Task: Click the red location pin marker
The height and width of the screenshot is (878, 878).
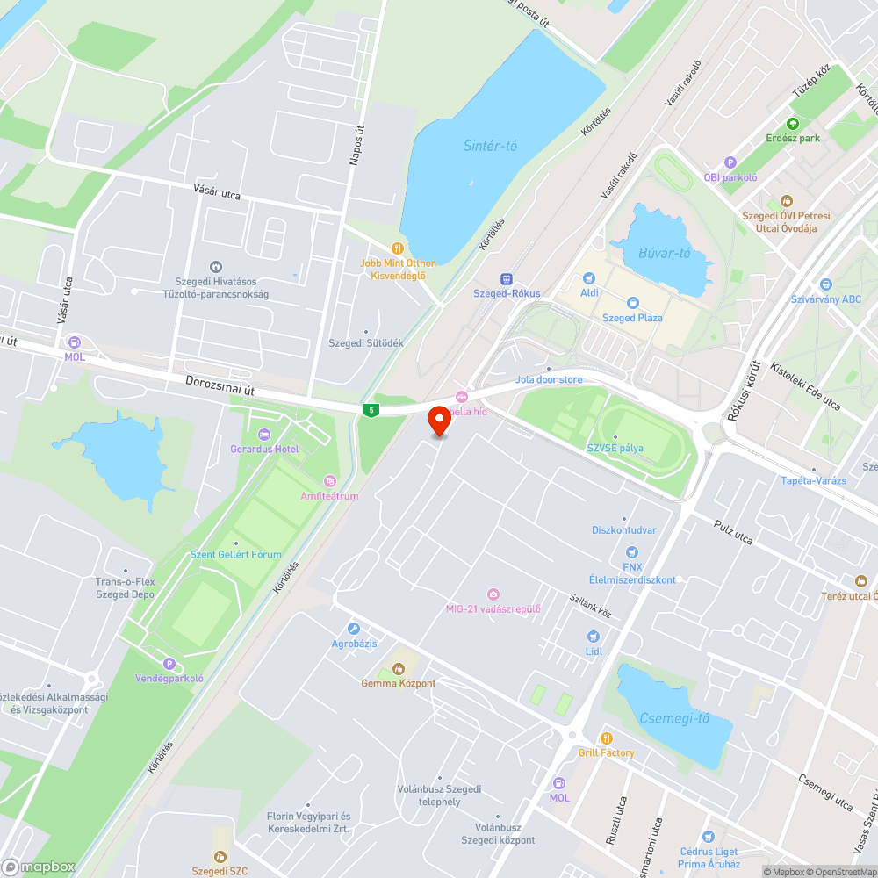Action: [439, 421]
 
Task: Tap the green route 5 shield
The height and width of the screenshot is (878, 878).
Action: [372, 410]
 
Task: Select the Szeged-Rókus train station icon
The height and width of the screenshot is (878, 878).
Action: [506, 278]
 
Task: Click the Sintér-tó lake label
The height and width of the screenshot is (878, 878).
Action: [490, 146]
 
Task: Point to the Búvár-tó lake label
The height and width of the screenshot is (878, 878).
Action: [664, 254]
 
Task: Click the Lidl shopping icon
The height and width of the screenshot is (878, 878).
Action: [594, 637]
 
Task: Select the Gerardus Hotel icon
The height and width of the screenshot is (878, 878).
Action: [264, 435]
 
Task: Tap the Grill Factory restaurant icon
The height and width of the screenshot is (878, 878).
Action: [606, 738]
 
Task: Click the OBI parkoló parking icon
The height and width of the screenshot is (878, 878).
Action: [730, 162]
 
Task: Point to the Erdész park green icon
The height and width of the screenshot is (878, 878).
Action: [793, 124]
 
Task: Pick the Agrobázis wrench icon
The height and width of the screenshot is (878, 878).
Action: [354, 629]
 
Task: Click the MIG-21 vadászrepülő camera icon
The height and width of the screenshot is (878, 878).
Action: [493, 594]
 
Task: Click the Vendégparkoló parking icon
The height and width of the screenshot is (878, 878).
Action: [169, 664]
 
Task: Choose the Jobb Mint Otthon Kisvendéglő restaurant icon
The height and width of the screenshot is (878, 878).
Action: [399, 248]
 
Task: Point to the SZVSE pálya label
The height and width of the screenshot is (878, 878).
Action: [615, 448]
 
